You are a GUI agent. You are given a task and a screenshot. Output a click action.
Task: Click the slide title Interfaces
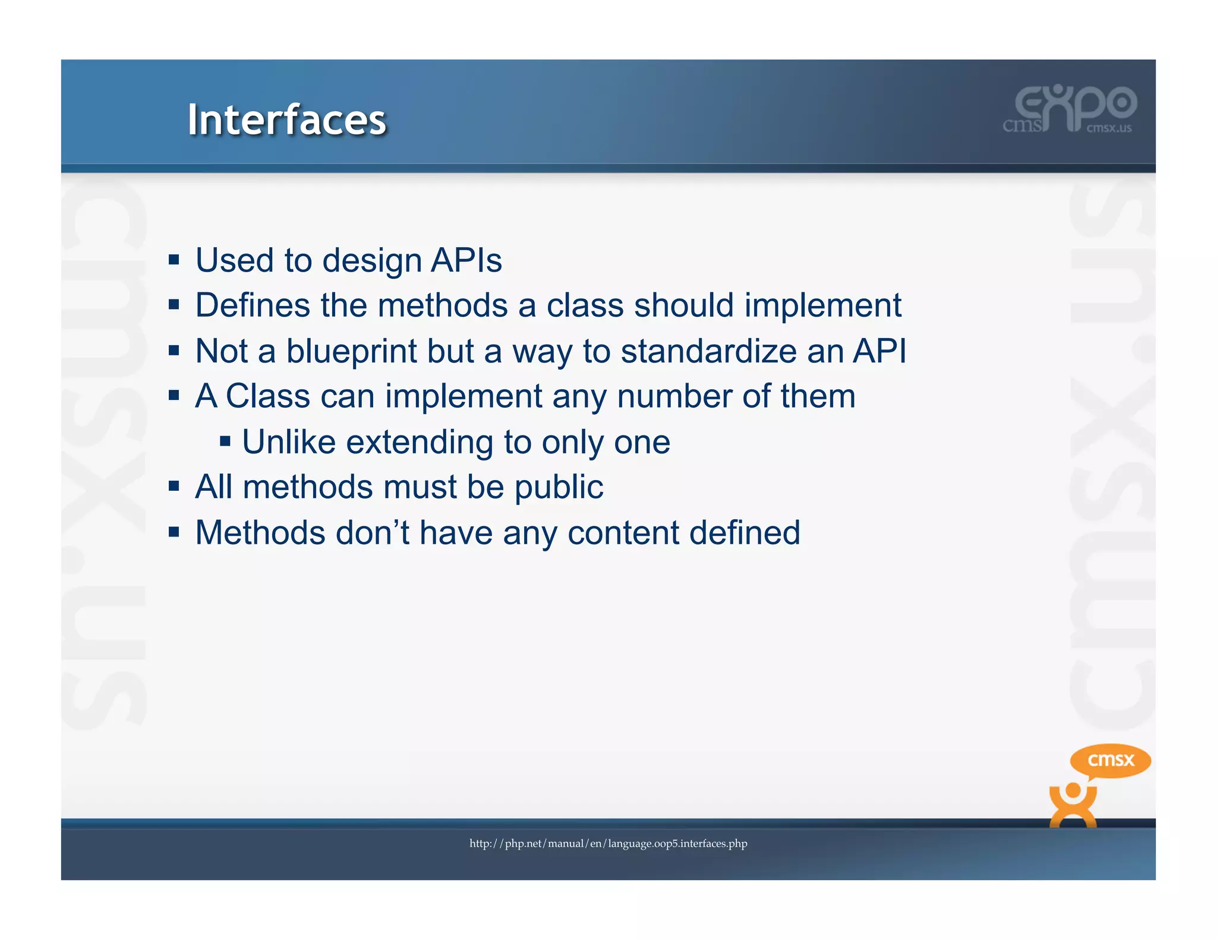(286, 120)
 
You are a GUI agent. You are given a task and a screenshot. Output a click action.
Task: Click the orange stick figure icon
(1073, 806)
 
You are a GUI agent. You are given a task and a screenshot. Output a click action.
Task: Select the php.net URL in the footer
(608, 844)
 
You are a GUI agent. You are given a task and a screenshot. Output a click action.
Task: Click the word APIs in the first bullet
(466, 260)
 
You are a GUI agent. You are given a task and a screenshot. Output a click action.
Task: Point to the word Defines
(253, 305)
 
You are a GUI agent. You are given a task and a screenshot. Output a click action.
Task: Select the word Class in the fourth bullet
(267, 396)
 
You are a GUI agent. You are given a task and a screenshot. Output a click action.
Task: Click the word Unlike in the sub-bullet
(289, 442)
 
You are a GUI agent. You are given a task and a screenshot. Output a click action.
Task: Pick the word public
(559, 487)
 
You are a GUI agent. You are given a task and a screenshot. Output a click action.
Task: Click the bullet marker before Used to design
(174, 260)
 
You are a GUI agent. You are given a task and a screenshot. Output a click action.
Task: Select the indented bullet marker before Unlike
(225, 441)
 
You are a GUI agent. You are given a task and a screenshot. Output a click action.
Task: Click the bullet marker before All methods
(174, 487)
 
